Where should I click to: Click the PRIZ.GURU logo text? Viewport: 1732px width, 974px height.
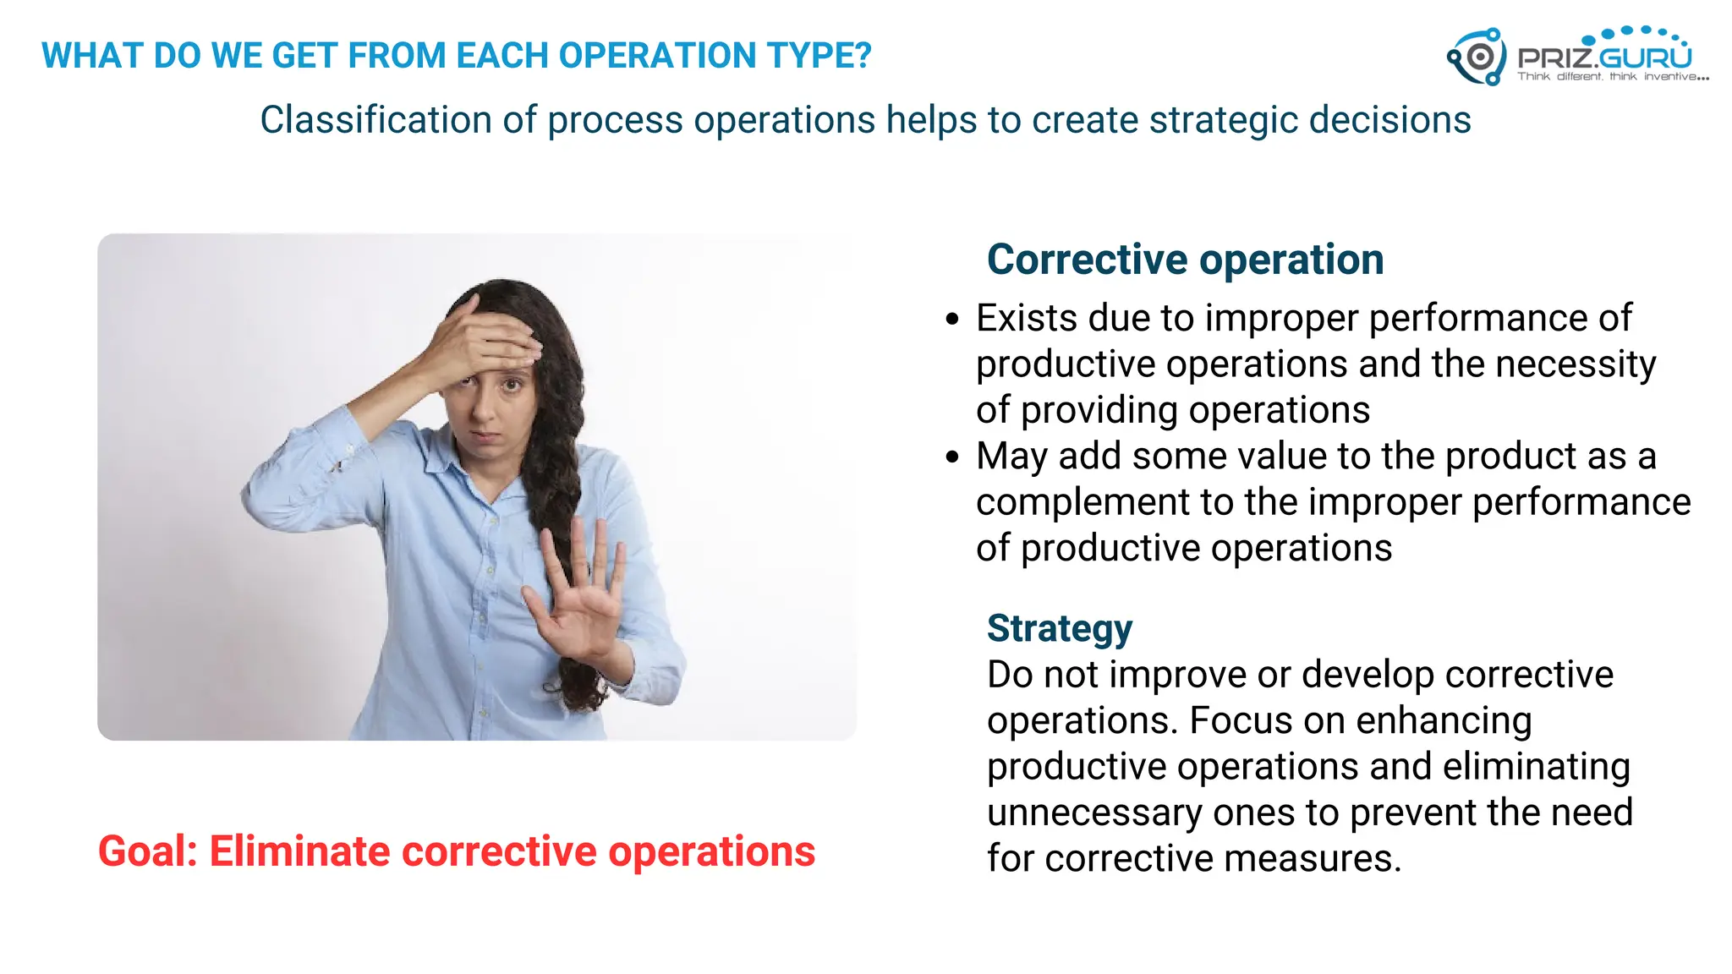(x=1604, y=57)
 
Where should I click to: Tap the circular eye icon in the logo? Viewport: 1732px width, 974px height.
(x=1479, y=57)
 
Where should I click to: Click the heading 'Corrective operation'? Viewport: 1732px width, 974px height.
(x=1185, y=259)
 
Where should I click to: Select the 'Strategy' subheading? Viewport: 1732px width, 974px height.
(x=1059, y=628)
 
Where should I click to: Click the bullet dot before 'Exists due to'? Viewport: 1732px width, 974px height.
(x=953, y=320)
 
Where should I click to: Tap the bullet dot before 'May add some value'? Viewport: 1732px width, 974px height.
(x=953, y=457)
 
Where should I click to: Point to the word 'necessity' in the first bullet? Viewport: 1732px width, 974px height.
(x=1576, y=364)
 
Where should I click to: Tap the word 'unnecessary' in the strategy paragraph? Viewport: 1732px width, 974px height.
(x=1094, y=813)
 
